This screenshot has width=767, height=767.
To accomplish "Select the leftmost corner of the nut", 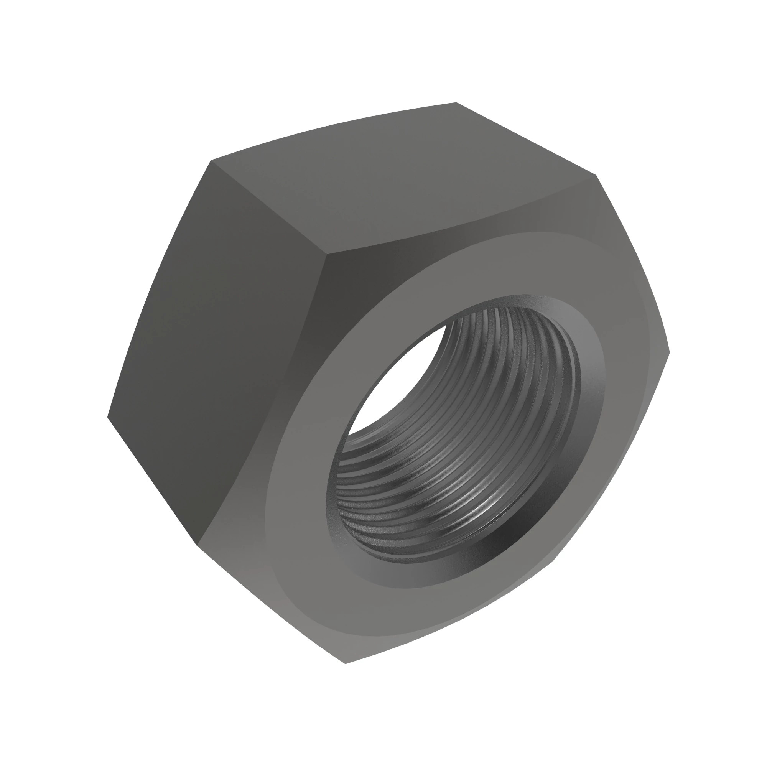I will tap(108, 417).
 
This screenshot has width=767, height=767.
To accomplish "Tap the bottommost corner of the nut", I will tap(346, 663).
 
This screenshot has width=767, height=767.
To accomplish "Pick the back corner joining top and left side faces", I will tap(211, 161).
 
